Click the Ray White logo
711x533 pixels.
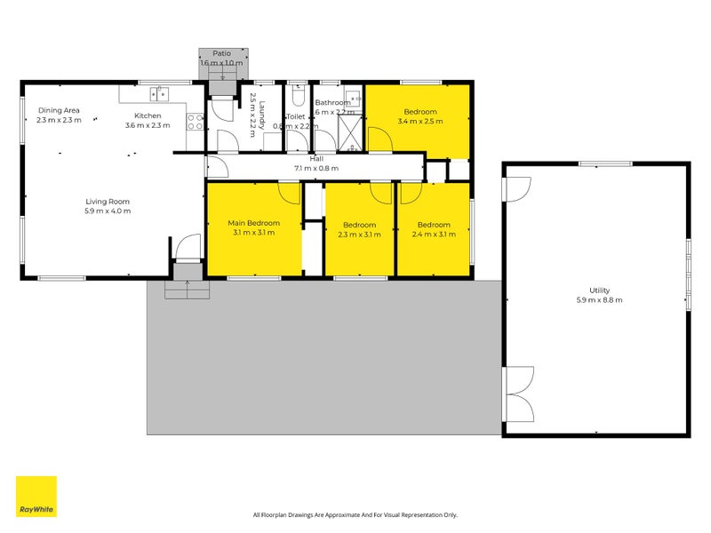coord(36,497)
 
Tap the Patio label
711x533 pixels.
coord(221,53)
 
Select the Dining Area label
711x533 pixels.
coord(59,110)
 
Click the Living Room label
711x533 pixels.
coord(108,202)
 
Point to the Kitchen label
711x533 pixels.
coord(148,116)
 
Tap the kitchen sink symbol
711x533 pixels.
coord(161,91)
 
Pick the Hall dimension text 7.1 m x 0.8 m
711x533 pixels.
coord(316,169)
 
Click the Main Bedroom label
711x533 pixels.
coord(253,223)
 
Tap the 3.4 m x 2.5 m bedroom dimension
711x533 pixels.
coord(420,122)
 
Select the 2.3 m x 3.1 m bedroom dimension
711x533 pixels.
coord(359,235)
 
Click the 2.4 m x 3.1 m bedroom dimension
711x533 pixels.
coord(434,235)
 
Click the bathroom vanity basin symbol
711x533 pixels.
coord(352,98)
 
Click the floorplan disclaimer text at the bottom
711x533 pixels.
coord(355,514)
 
